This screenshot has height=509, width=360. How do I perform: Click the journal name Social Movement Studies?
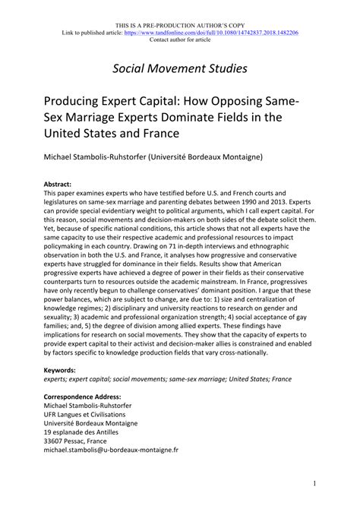(x=180, y=68)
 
